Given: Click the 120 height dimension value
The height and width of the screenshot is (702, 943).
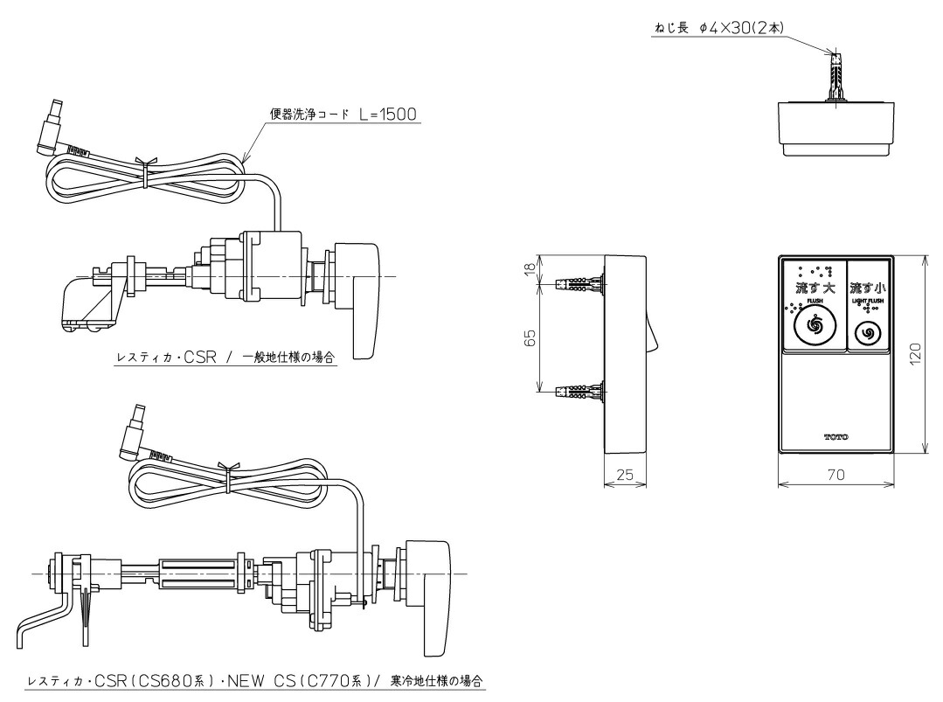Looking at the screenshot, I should click(x=913, y=355).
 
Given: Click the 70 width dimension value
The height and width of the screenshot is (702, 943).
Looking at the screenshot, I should click(x=836, y=476).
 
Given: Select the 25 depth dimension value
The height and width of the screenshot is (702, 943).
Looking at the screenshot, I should click(x=624, y=476).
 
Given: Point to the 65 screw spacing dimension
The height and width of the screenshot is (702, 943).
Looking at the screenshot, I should click(x=530, y=338).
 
